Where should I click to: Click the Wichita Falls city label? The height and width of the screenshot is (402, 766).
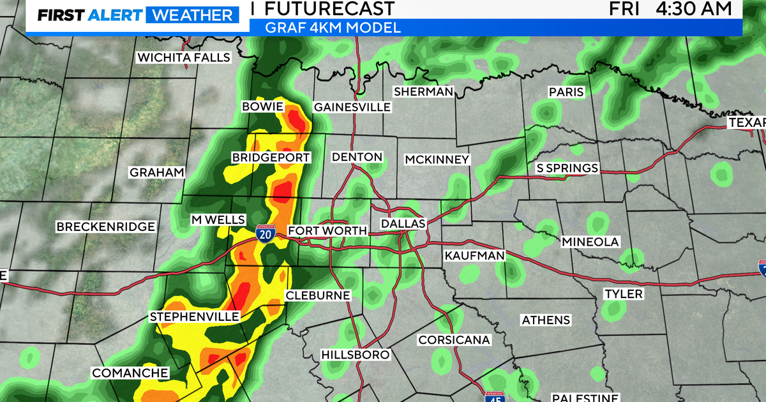184,57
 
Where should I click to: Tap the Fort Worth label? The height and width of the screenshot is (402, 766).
327,231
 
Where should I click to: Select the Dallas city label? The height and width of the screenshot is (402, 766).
403,224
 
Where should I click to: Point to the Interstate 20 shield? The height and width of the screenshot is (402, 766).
266,234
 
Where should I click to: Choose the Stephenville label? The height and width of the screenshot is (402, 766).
195,316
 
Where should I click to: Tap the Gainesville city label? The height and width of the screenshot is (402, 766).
352,107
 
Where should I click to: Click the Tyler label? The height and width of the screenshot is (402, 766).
624,294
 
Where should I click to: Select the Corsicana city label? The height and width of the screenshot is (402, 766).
454,340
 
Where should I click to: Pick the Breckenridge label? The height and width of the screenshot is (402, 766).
105,227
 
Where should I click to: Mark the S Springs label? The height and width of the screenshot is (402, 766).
567,168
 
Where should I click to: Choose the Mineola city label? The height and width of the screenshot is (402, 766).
590,242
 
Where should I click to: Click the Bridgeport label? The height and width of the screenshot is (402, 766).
271,158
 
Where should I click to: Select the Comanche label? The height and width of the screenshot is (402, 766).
130,373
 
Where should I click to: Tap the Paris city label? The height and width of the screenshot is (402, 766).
566,92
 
